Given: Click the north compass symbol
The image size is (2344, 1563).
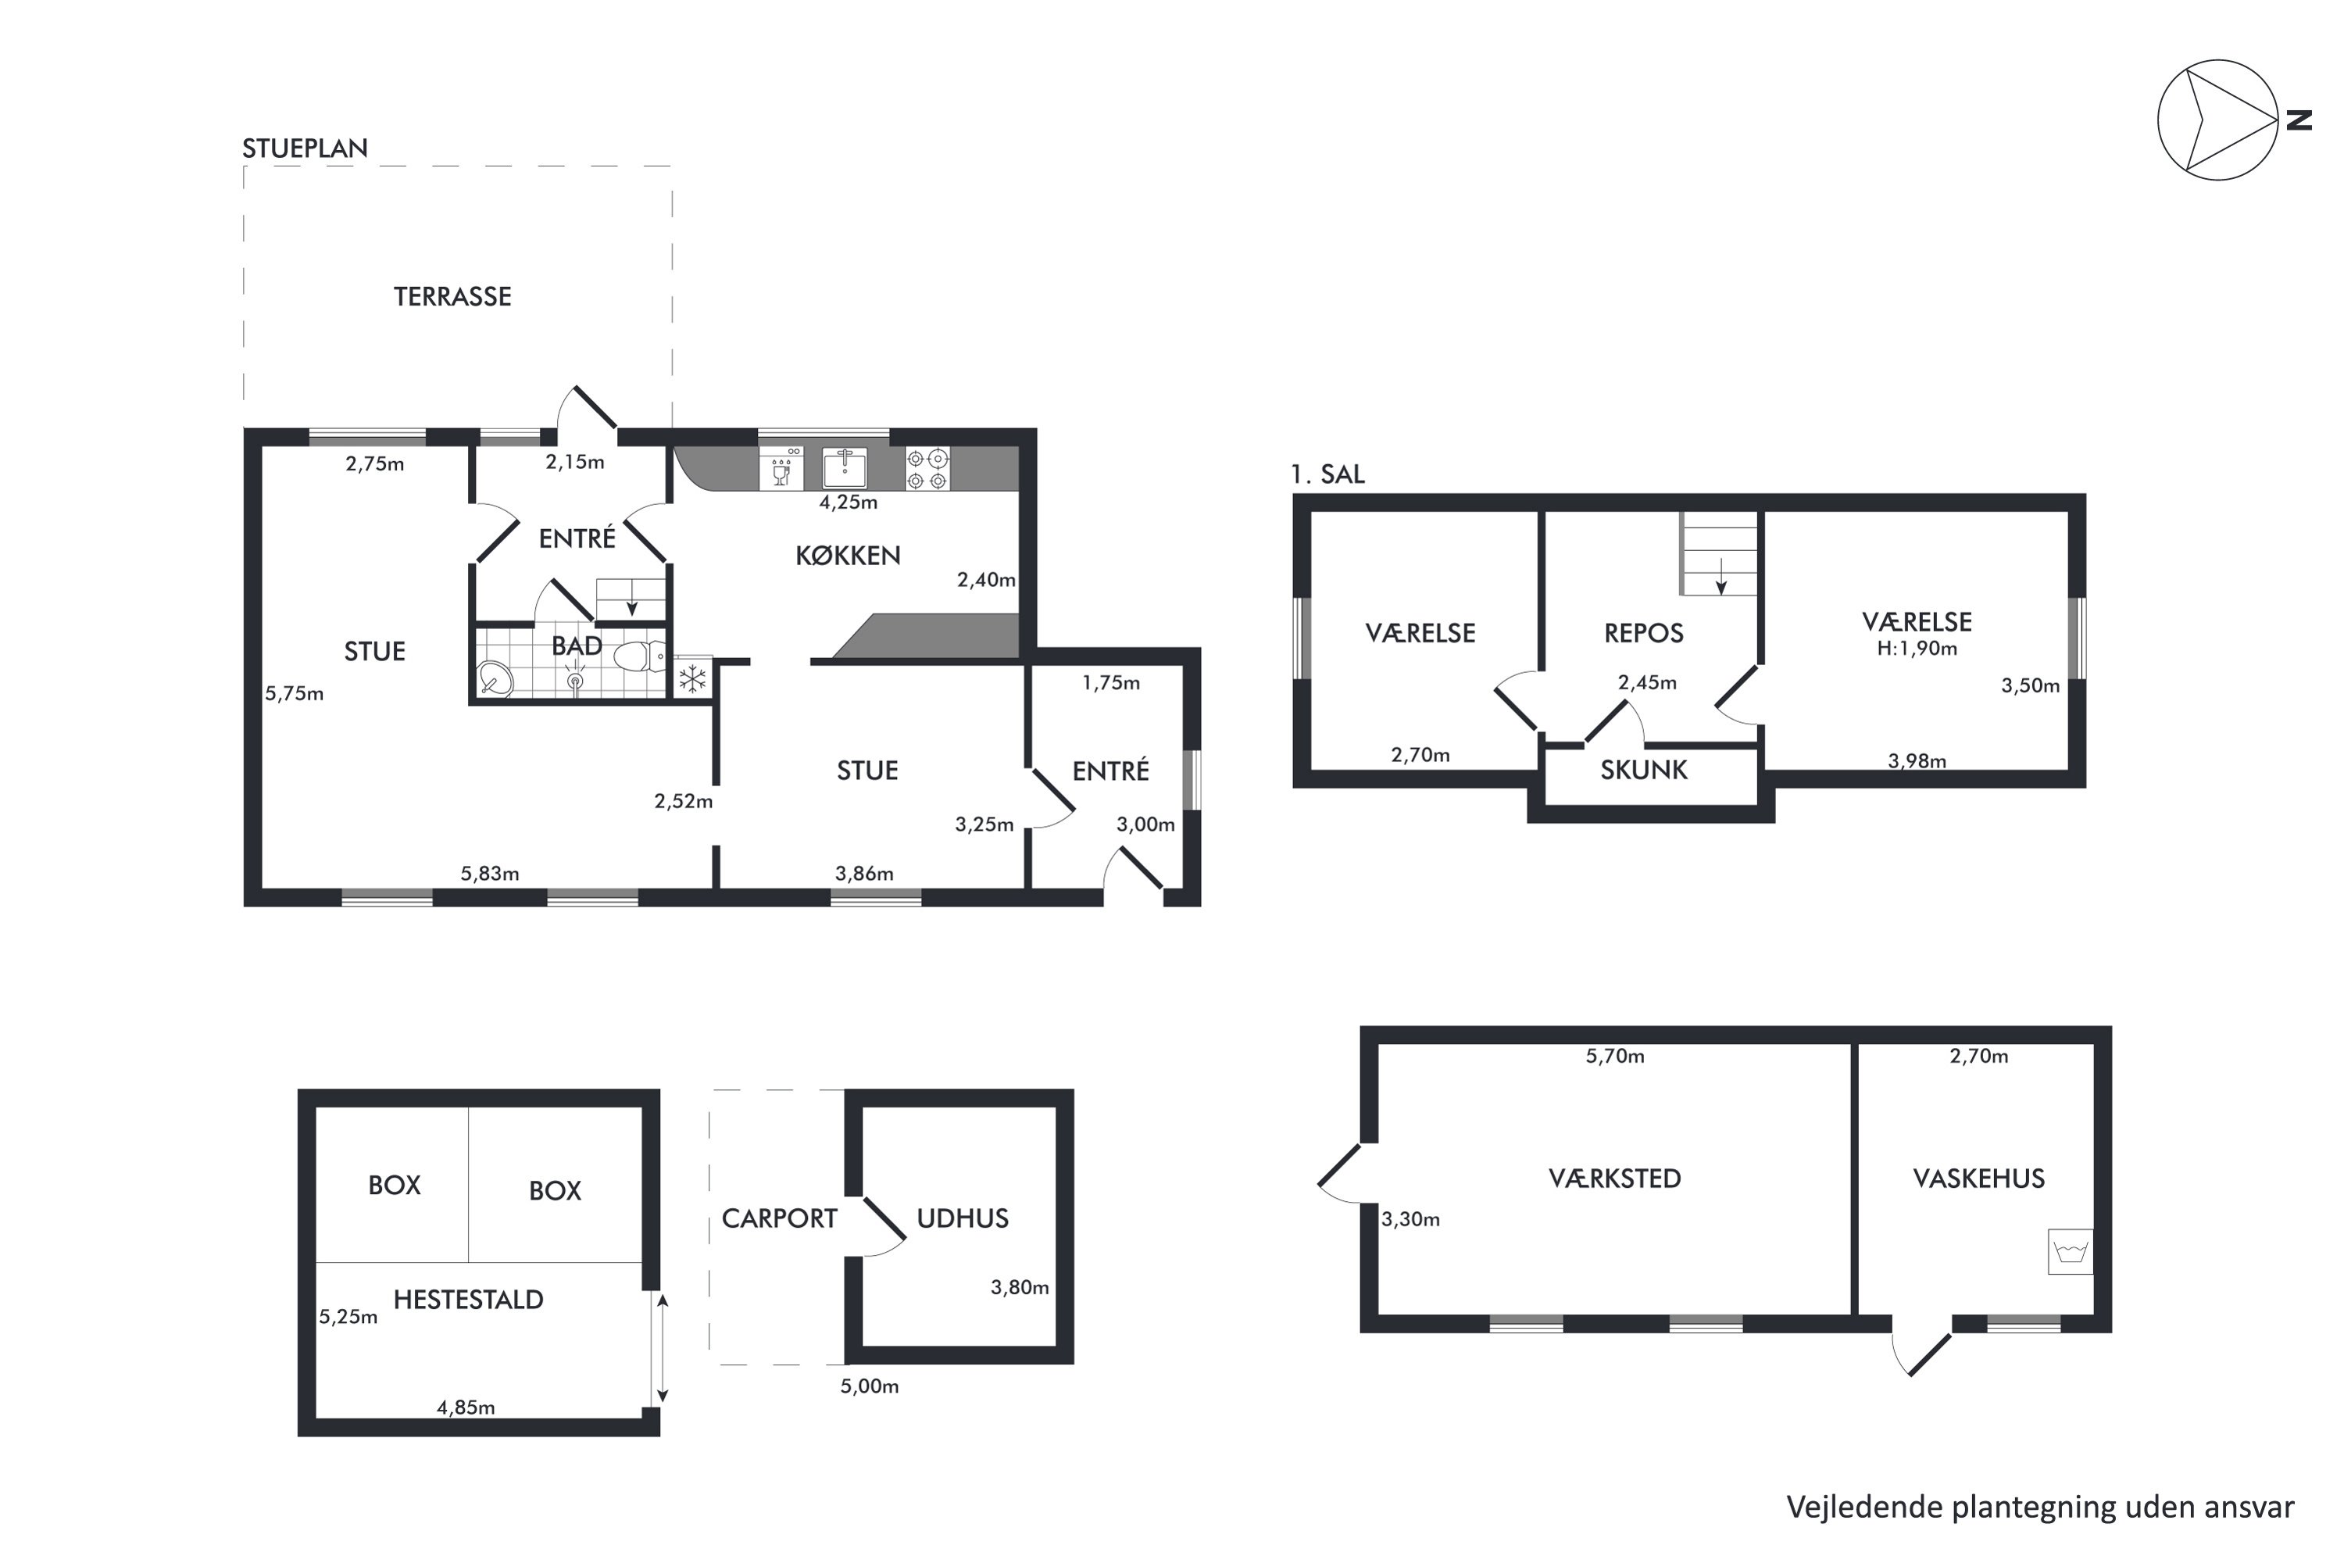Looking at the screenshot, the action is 2221,120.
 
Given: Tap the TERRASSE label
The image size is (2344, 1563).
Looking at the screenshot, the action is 452,296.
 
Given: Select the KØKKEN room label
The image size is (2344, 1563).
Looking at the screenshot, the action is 848,555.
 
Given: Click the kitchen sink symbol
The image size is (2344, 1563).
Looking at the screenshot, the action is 844,467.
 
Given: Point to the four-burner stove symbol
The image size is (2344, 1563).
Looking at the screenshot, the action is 927,468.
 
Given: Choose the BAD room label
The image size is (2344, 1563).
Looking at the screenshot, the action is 577,646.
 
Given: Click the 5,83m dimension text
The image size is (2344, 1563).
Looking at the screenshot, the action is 489,873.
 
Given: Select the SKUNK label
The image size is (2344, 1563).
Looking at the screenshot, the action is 1645,770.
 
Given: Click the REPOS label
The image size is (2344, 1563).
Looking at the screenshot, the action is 1645,633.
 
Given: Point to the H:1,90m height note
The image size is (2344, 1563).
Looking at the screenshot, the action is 1917,649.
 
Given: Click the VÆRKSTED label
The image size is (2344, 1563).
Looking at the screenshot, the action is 1614,1179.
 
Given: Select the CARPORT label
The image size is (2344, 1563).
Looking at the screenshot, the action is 779,1218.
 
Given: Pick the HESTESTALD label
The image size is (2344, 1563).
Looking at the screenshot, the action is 468,1299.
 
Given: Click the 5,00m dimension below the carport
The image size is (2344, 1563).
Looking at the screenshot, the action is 869,1386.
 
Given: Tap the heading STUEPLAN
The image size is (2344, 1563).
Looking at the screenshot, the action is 305,148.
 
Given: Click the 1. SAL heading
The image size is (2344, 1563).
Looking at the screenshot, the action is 1327,474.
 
